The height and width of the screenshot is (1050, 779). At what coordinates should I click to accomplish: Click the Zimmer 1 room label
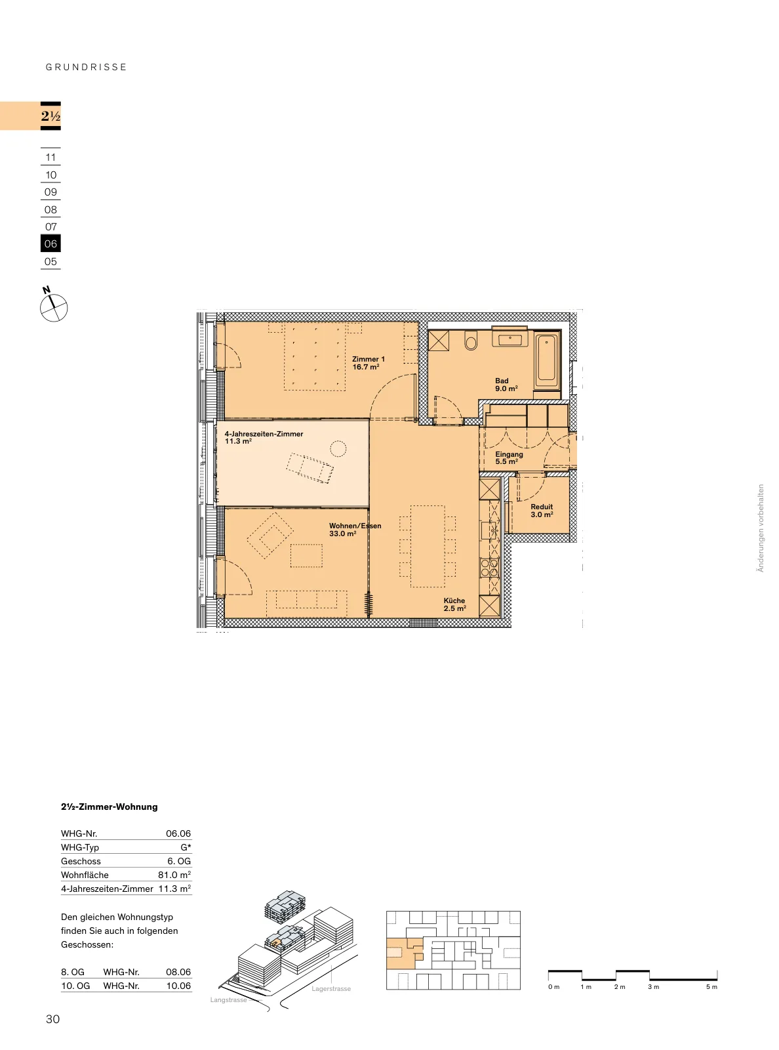[368, 363]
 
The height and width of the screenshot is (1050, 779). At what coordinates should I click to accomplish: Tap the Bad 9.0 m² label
[506, 385]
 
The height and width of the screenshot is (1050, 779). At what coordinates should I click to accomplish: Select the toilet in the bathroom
[471, 341]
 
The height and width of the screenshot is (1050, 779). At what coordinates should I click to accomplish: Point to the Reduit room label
[542, 511]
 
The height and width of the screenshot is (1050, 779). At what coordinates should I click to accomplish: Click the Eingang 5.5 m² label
[509, 457]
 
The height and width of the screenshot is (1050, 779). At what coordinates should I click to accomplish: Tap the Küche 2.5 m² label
[454, 604]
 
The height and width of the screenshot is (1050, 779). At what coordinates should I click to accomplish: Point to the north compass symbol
[54, 305]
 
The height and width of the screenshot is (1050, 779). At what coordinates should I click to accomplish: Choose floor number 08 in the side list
[50, 210]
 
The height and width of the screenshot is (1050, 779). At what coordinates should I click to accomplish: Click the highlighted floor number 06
[50, 244]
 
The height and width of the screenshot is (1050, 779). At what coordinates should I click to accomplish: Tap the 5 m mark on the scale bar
[711, 986]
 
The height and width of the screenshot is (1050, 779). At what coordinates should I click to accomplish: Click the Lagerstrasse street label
[331, 988]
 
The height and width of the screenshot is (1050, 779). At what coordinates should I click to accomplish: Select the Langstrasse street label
[228, 1000]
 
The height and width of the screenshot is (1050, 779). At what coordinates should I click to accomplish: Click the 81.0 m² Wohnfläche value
[174, 875]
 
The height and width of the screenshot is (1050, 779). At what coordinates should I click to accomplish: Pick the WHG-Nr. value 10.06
[178, 986]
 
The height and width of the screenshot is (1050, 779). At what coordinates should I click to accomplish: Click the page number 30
[53, 1019]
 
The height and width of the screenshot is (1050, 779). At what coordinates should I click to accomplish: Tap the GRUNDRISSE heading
[86, 67]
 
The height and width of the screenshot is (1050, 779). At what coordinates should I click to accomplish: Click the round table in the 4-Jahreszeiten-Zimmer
[338, 448]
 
